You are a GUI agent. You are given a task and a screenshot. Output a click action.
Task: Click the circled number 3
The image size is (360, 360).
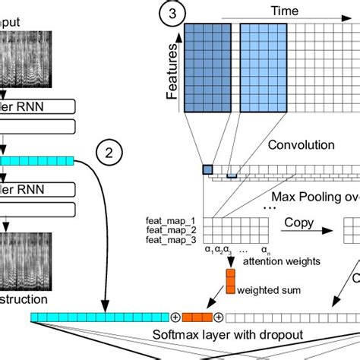pyautogui.click(x=174, y=13)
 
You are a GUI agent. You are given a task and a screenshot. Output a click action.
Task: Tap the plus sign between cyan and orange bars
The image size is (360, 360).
pyautogui.click(x=175, y=316)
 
